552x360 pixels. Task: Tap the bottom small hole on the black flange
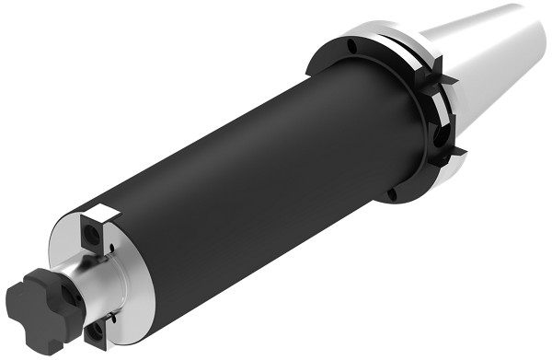393,194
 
